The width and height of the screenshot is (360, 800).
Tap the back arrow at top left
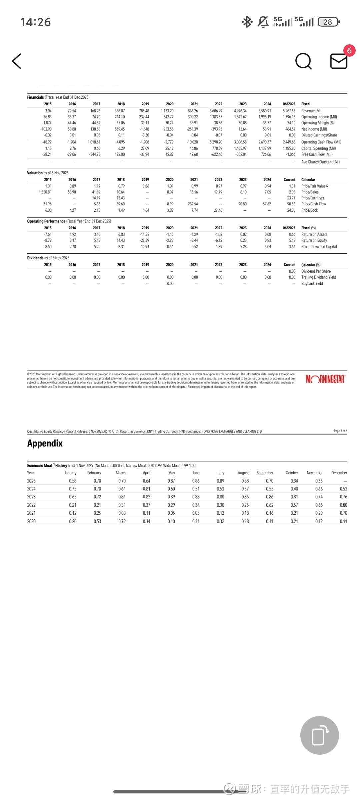17,61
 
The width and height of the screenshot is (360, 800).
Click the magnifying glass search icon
303,61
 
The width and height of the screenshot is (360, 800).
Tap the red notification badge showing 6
349,51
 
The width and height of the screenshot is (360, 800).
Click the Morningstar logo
325,379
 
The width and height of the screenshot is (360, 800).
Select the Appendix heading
45,443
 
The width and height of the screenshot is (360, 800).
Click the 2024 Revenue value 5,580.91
265,111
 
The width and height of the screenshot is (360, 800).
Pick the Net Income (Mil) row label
314,129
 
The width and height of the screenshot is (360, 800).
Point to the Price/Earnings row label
312,198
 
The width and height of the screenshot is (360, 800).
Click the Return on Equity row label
314,240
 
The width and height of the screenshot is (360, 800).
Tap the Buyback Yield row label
312,284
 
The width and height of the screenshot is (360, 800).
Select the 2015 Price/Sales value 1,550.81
45,192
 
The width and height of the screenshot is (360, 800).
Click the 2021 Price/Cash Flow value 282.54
193,204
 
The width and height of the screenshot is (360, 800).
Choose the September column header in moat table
265,473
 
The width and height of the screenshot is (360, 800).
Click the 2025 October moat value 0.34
294,481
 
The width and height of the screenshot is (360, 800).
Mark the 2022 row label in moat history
31,505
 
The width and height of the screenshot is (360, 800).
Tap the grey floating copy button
319,735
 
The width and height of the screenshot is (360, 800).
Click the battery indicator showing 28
328,22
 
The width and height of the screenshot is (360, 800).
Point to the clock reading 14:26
36,22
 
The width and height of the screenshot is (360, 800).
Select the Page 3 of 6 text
340,431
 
